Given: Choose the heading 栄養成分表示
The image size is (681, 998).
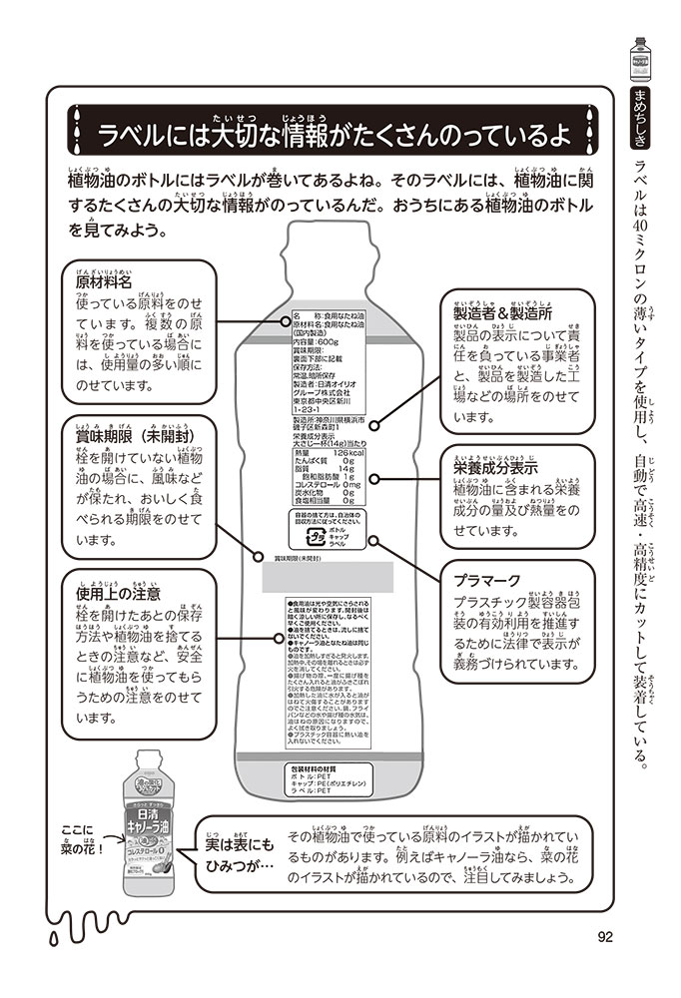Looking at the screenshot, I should [x=496, y=464].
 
